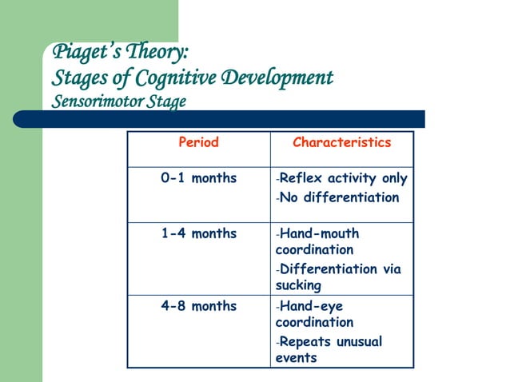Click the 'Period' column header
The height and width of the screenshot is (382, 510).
(198, 143)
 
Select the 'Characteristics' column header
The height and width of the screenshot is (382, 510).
(341, 143)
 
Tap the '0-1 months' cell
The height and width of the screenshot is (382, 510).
(198, 178)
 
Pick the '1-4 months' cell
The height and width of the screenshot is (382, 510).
(198, 233)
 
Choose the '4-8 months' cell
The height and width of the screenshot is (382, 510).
(198, 306)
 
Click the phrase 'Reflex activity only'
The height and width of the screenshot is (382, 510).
(343, 178)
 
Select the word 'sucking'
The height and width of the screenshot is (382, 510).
(298, 285)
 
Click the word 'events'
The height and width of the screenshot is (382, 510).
(296, 358)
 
